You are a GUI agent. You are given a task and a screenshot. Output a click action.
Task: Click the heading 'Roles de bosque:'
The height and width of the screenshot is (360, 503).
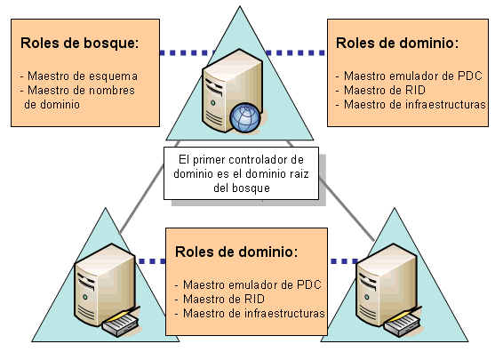79,42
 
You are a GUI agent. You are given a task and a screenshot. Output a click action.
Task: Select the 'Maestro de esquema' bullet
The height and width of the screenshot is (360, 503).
82,76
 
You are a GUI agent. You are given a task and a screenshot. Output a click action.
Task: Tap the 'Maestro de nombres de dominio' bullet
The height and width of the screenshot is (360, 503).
79,96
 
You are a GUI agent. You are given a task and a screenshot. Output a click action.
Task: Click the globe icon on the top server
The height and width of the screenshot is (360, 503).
244,116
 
